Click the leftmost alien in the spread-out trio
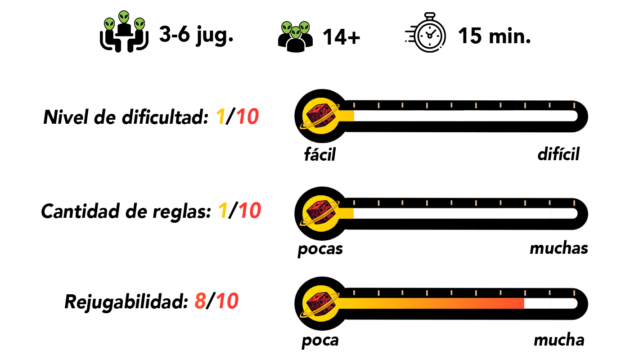pos(109,24)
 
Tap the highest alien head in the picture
pos(124,17)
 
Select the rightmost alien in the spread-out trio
pos(139,24)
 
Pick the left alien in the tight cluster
pos(287,28)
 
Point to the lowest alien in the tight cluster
pos(296,32)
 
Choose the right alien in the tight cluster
pos(305,28)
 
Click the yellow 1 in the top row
pos(220,117)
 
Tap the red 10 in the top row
pos(247,117)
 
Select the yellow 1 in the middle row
pos(223,211)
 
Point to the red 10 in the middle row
pos(250,211)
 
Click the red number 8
pos(200,301)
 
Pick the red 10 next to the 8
pos(227,301)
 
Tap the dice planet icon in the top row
pos(320,116)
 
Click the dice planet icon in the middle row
pos(320,213)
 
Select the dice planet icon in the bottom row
pos(320,303)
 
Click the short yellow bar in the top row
pos(346,116)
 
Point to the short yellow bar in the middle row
pos(346,213)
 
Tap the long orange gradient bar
pos(432,303)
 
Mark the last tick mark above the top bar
pos(574,105)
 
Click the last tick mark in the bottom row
pos(574,293)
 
